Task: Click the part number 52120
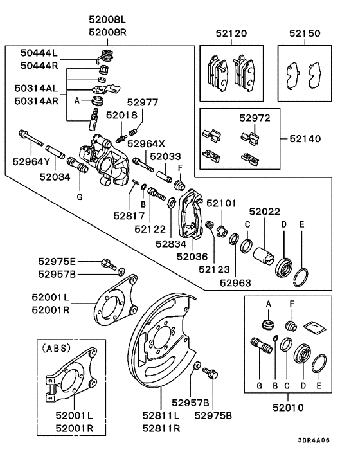pos(231,33)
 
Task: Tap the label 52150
pos(305,33)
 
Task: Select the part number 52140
pos(305,139)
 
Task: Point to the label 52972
pos(255,118)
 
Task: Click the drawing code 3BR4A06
pos(314,440)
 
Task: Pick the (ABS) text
pos(57,348)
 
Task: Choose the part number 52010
pos(288,408)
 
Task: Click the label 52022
pos(265,212)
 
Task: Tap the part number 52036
pos(192,257)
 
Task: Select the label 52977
pos(143,102)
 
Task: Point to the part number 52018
pos(122,115)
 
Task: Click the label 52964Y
pos(32,161)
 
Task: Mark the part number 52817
pos(129,215)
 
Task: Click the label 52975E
pos(57,262)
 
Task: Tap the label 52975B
pos(213,415)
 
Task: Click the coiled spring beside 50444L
pos(105,56)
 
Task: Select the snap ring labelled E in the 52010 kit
pos(319,364)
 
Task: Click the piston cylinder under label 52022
pos(263,256)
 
